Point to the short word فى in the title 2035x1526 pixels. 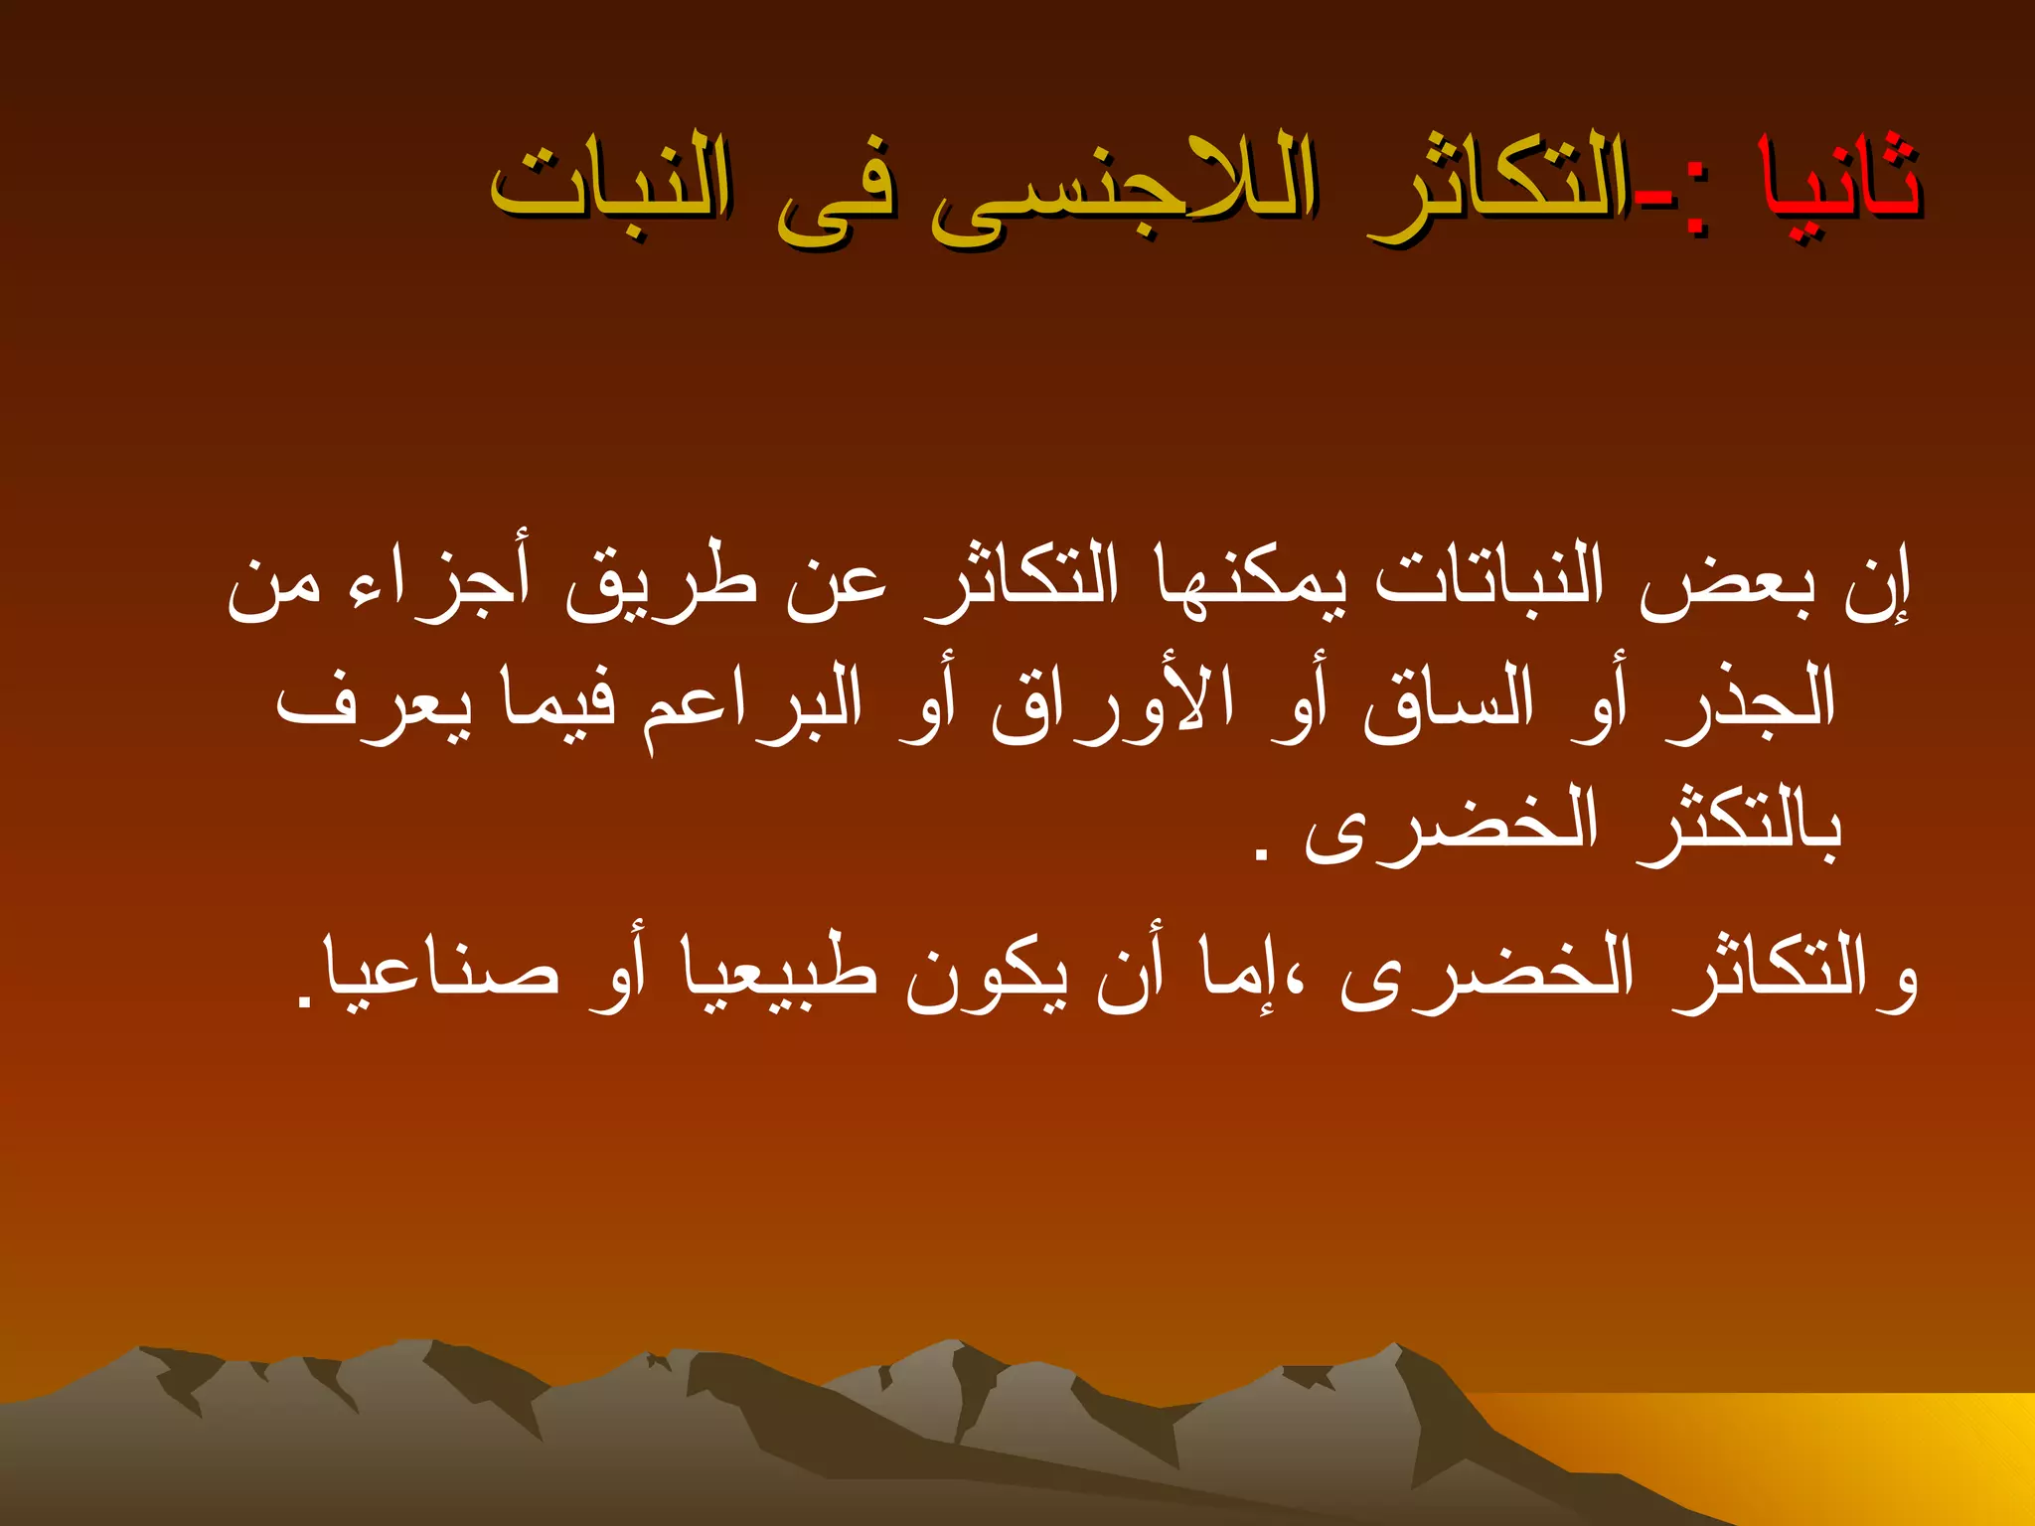point(835,194)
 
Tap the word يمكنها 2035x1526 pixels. point(1252,586)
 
